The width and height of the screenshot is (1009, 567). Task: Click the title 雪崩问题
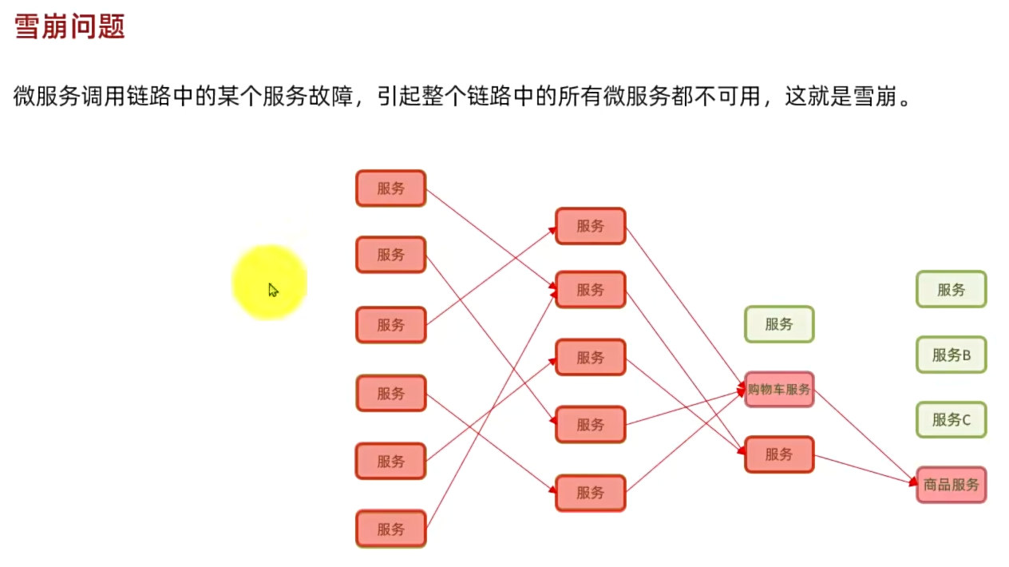[70, 28]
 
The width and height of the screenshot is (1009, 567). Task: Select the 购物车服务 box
[778, 390]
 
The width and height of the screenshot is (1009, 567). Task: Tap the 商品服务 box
[951, 485]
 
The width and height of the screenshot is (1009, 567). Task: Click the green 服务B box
[951, 355]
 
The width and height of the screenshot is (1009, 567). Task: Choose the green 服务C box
[951, 420]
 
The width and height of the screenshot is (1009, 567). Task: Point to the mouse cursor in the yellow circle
[272, 289]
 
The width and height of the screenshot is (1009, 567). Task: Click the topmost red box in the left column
[390, 188]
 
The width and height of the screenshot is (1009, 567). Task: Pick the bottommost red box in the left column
[390, 529]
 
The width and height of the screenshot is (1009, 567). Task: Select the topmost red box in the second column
[590, 226]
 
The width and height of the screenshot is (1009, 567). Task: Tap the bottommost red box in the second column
[590, 493]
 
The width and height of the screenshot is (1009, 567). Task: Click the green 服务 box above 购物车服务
[778, 324]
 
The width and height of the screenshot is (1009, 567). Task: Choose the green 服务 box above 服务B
[951, 290]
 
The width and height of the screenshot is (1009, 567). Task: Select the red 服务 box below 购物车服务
[778, 454]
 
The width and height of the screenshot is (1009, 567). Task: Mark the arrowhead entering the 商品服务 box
[912, 481]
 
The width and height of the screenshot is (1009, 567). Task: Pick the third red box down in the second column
[590, 357]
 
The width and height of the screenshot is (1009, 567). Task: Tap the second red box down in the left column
[390, 255]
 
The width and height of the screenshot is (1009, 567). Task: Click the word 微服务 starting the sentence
[46, 97]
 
